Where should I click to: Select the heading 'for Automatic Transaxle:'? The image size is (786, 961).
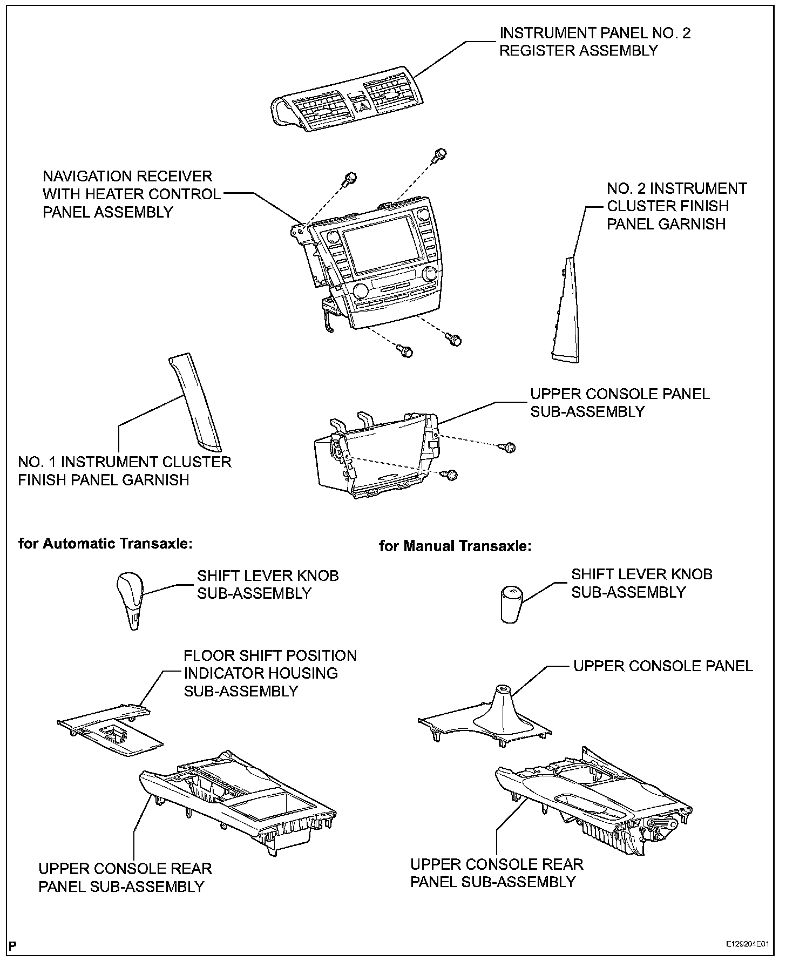pyautogui.click(x=105, y=543)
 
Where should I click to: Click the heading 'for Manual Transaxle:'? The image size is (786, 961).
pyautogui.click(x=455, y=546)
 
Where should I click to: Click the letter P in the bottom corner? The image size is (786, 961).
pyautogui.click(x=13, y=945)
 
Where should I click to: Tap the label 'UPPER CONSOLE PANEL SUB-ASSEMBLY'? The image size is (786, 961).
pyautogui.click(x=619, y=402)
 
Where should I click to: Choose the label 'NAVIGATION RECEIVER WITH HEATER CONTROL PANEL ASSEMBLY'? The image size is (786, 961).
pyautogui.click(x=132, y=194)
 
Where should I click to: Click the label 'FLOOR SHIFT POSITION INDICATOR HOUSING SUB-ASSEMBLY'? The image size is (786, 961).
pyautogui.click(x=270, y=673)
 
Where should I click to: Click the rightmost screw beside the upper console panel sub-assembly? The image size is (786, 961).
pyautogui.click(x=510, y=447)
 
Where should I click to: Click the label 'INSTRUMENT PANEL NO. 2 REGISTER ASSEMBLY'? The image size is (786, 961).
pyautogui.click(x=594, y=42)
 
